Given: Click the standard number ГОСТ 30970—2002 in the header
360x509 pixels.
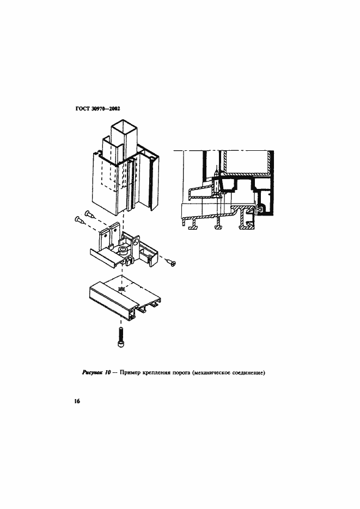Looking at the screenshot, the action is pyautogui.click(x=97, y=109).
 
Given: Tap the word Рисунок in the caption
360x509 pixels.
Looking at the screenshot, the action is pyautogui.click(x=92, y=373).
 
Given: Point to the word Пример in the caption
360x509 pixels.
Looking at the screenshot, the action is pyautogui.click(x=130, y=373).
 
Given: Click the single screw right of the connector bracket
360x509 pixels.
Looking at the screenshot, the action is pyautogui.click(x=171, y=262).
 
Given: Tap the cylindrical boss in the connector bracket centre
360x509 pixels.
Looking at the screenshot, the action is pyautogui.click(x=123, y=249).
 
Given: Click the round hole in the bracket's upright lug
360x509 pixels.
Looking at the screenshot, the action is pyautogui.click(x=136, y=242).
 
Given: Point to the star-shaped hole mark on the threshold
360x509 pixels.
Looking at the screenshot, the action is pyautogui.click(x=121, y=289).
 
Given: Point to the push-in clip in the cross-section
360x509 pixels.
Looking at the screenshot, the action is pyautogui.click(x=259, y=210).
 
